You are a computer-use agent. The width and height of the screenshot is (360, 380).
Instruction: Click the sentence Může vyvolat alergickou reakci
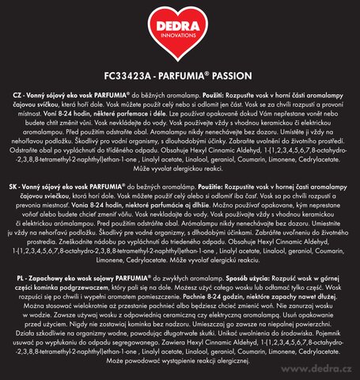180,192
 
